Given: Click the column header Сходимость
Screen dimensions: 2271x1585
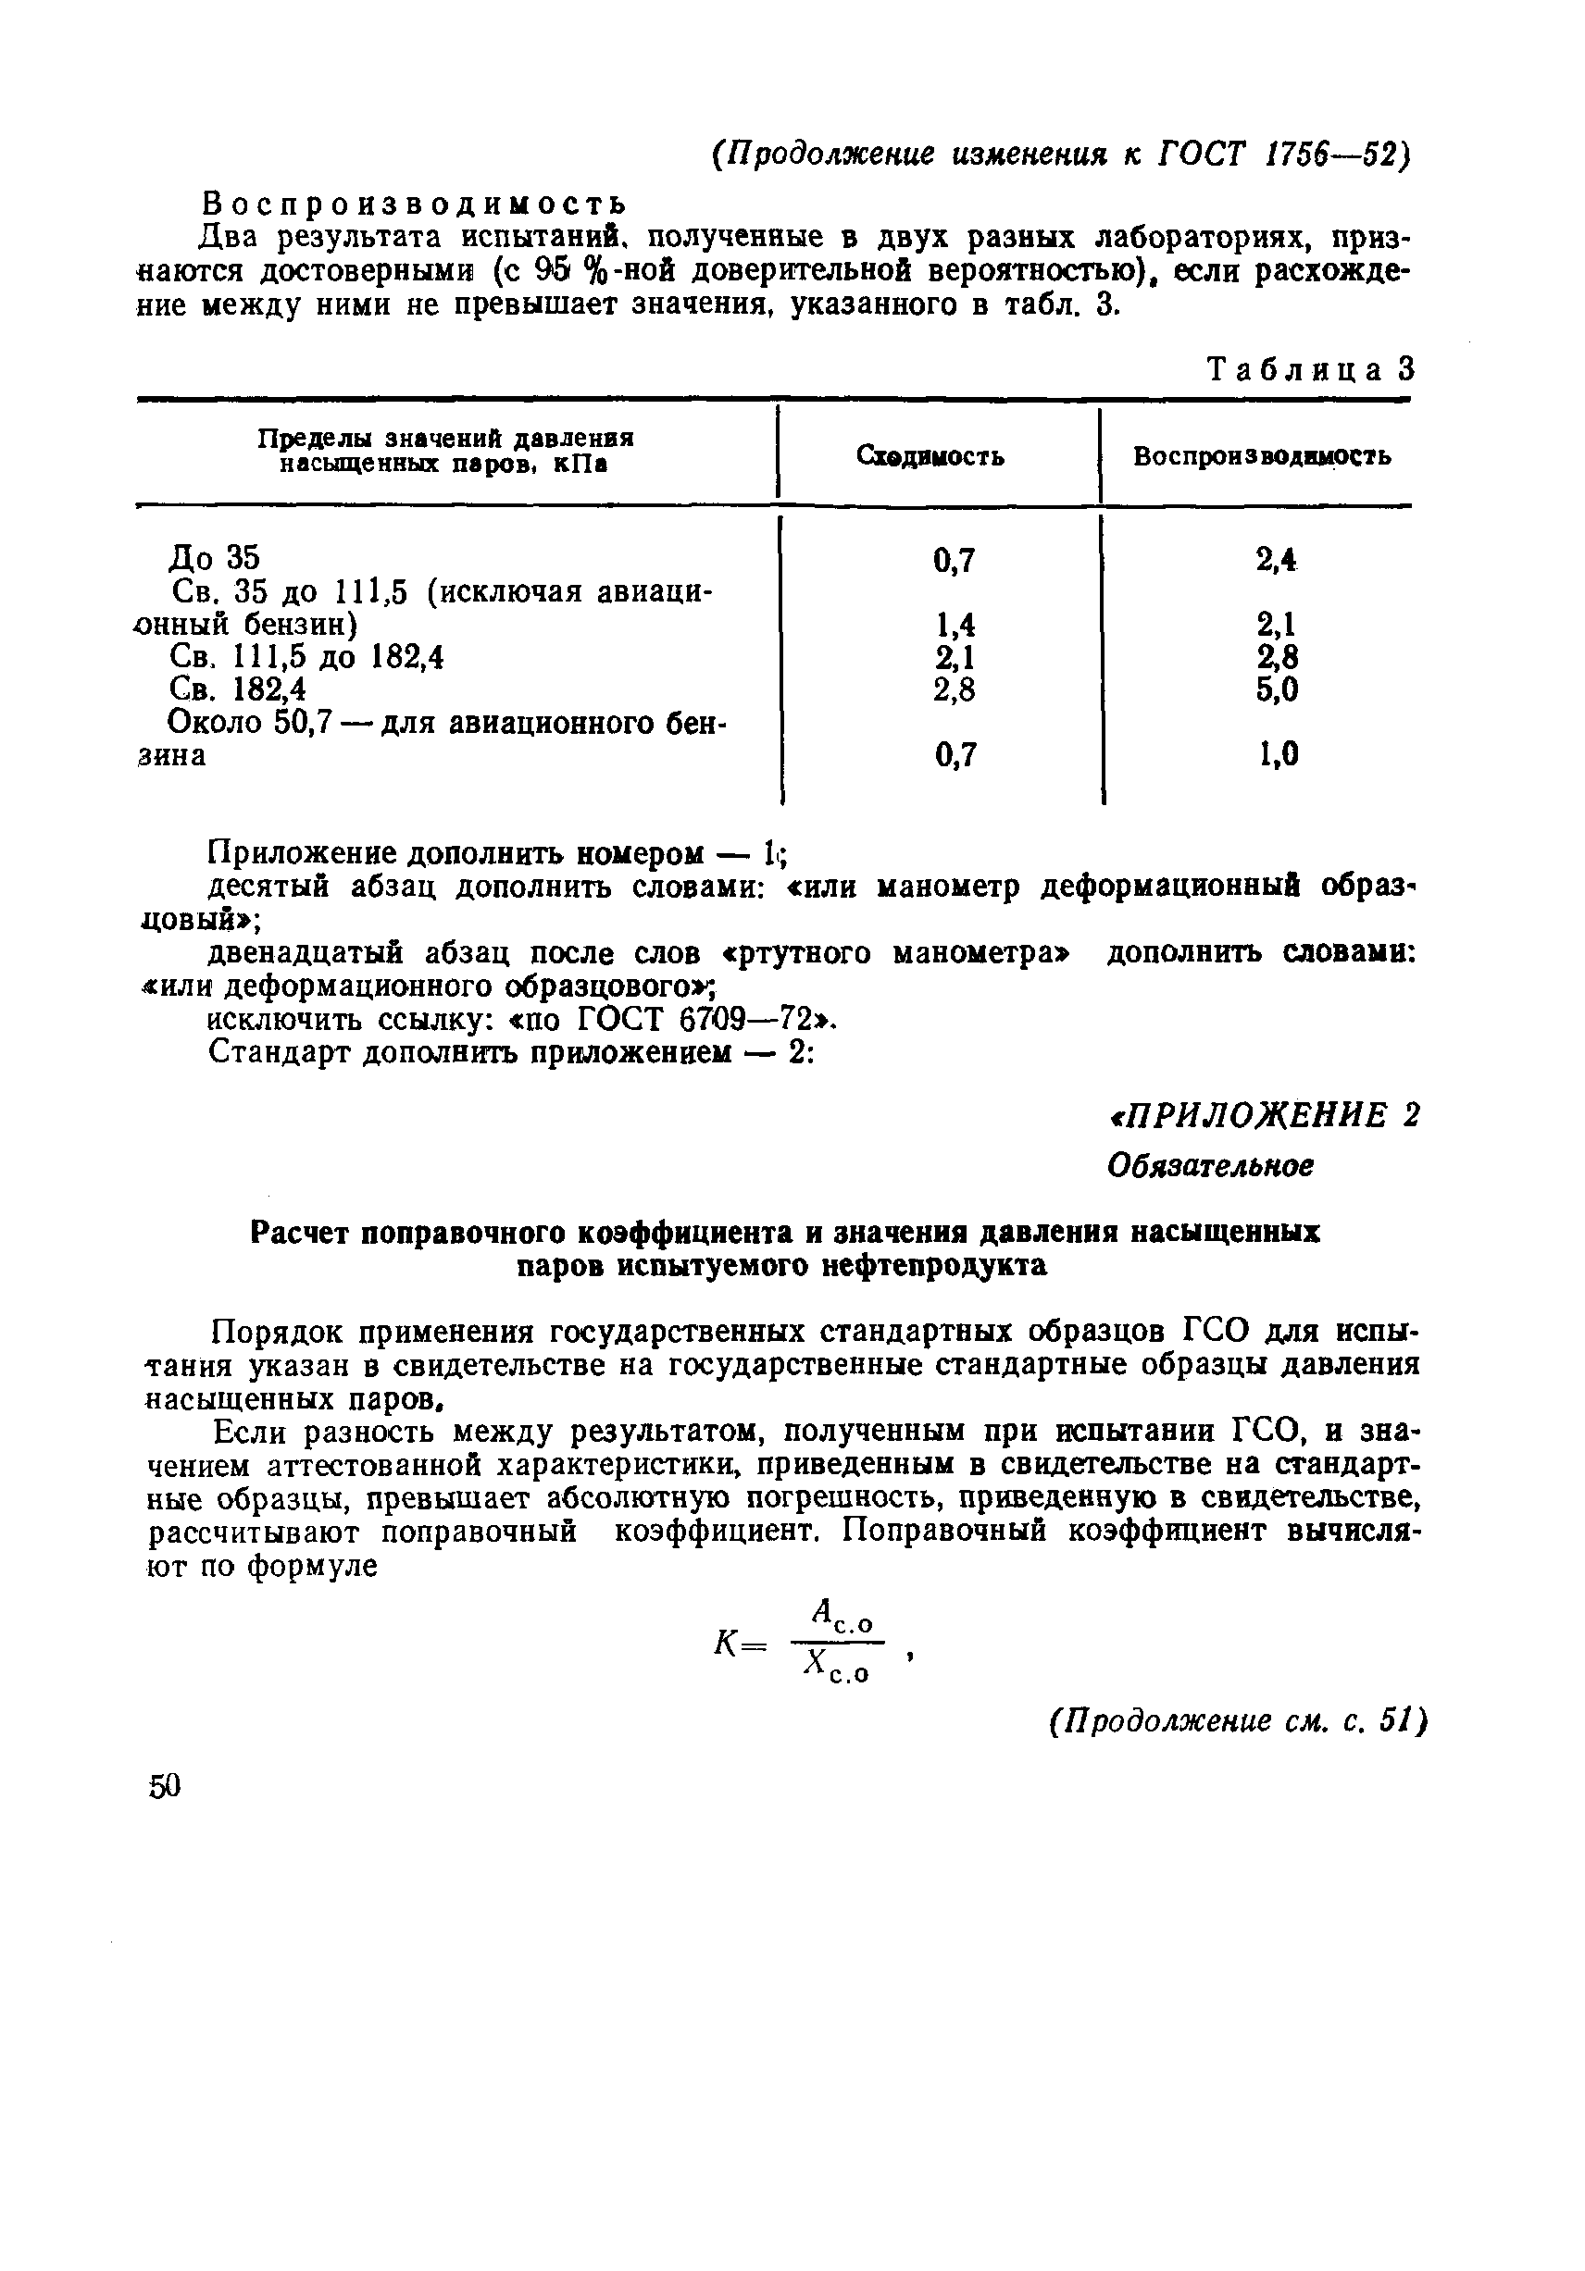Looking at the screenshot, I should tap(930, 456).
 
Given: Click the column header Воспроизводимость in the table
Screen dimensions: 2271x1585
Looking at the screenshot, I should tap(1262, 456).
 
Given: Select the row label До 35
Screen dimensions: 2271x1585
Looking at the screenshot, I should tap(214, 558).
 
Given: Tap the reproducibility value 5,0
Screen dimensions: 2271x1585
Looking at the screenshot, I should tap(1277, 689).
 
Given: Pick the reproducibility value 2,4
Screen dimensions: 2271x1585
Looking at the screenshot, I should tap(1277, 560).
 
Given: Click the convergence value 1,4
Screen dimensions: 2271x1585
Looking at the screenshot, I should tap(955, 624).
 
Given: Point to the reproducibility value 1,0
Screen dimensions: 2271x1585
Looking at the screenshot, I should tap(1277, 755).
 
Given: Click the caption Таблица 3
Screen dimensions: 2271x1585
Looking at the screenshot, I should tap(1312, 370).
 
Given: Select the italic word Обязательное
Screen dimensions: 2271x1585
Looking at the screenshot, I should tap(1210, 1165).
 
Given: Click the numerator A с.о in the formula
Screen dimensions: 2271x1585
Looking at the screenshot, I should tap(841, 1616).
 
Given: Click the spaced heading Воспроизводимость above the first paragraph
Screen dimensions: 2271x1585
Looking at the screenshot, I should tap(415, 204).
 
